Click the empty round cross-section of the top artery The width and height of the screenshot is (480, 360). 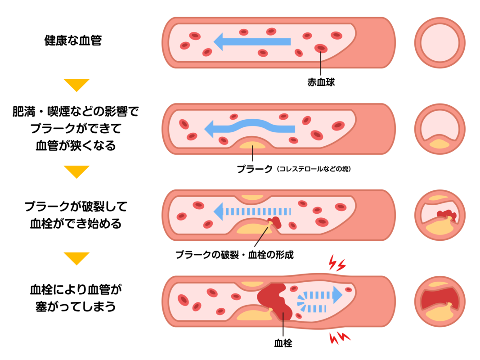(440, 43)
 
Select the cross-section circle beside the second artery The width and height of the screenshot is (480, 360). (440, 129)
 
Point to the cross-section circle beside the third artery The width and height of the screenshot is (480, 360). (440, 215)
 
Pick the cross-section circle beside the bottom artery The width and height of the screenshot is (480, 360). (440, 301)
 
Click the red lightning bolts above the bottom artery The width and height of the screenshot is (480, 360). (336, 263)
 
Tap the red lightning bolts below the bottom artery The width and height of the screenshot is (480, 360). (339, 337)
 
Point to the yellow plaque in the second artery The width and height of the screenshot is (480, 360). (252, 145)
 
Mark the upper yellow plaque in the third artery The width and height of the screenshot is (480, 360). (252, 198)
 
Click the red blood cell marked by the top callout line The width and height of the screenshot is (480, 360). (321, 48)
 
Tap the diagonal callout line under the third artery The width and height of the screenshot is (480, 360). (261, 237)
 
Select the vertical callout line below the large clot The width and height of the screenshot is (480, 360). (283, 326)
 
